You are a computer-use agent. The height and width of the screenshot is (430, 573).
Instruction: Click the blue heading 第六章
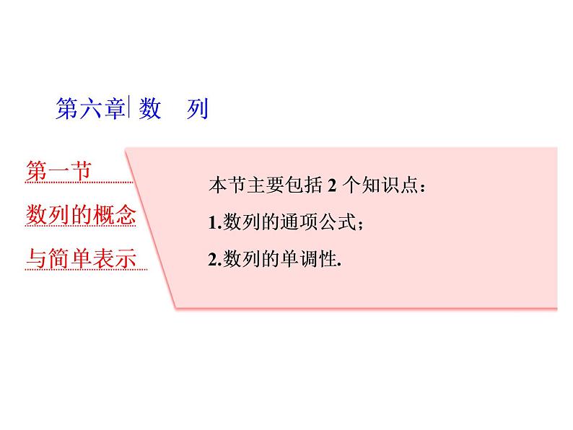[90, 109]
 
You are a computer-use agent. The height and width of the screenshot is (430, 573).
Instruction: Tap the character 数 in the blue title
[150, 109]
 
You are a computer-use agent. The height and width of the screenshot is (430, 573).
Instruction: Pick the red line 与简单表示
[81, 258]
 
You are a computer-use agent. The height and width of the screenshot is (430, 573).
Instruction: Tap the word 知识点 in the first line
[390, 186]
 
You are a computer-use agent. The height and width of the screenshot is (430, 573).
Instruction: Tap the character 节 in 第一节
[81, 173]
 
